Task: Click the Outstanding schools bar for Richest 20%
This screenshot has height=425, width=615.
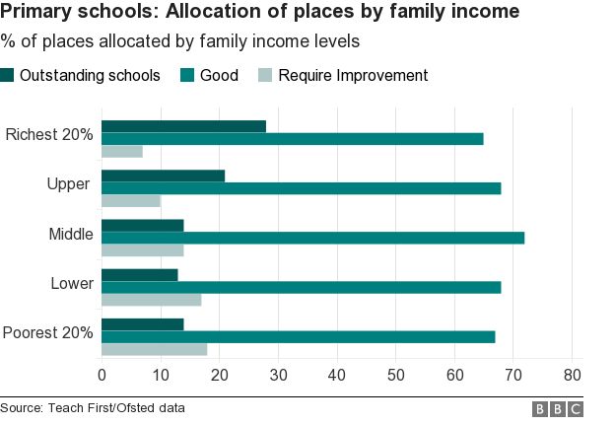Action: tap(183, 126)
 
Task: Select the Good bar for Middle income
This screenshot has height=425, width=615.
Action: tap(312, 238)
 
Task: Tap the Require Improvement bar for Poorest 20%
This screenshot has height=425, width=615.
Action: tap(154, 349)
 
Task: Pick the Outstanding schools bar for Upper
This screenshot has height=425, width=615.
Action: tap(163, 176)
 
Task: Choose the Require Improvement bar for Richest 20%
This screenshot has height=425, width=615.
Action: tap(122, 151)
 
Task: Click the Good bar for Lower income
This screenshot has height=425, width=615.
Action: tap(301, 287)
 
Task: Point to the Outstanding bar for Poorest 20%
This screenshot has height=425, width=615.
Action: tap(142, 324)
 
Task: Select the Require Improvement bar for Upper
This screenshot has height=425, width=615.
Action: tap(131, 201)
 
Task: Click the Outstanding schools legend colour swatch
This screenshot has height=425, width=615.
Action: tap(8, 76)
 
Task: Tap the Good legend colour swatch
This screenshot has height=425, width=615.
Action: tap(186, 76)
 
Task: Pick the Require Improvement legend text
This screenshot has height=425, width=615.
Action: tap(353, 76)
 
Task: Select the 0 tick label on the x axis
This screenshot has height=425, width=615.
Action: tap(102, 375)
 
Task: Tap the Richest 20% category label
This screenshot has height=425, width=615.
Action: tap(49, 134)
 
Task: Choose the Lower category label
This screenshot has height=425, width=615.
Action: tap(72, 283)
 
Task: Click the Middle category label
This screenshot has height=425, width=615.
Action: tap(71, 234)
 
